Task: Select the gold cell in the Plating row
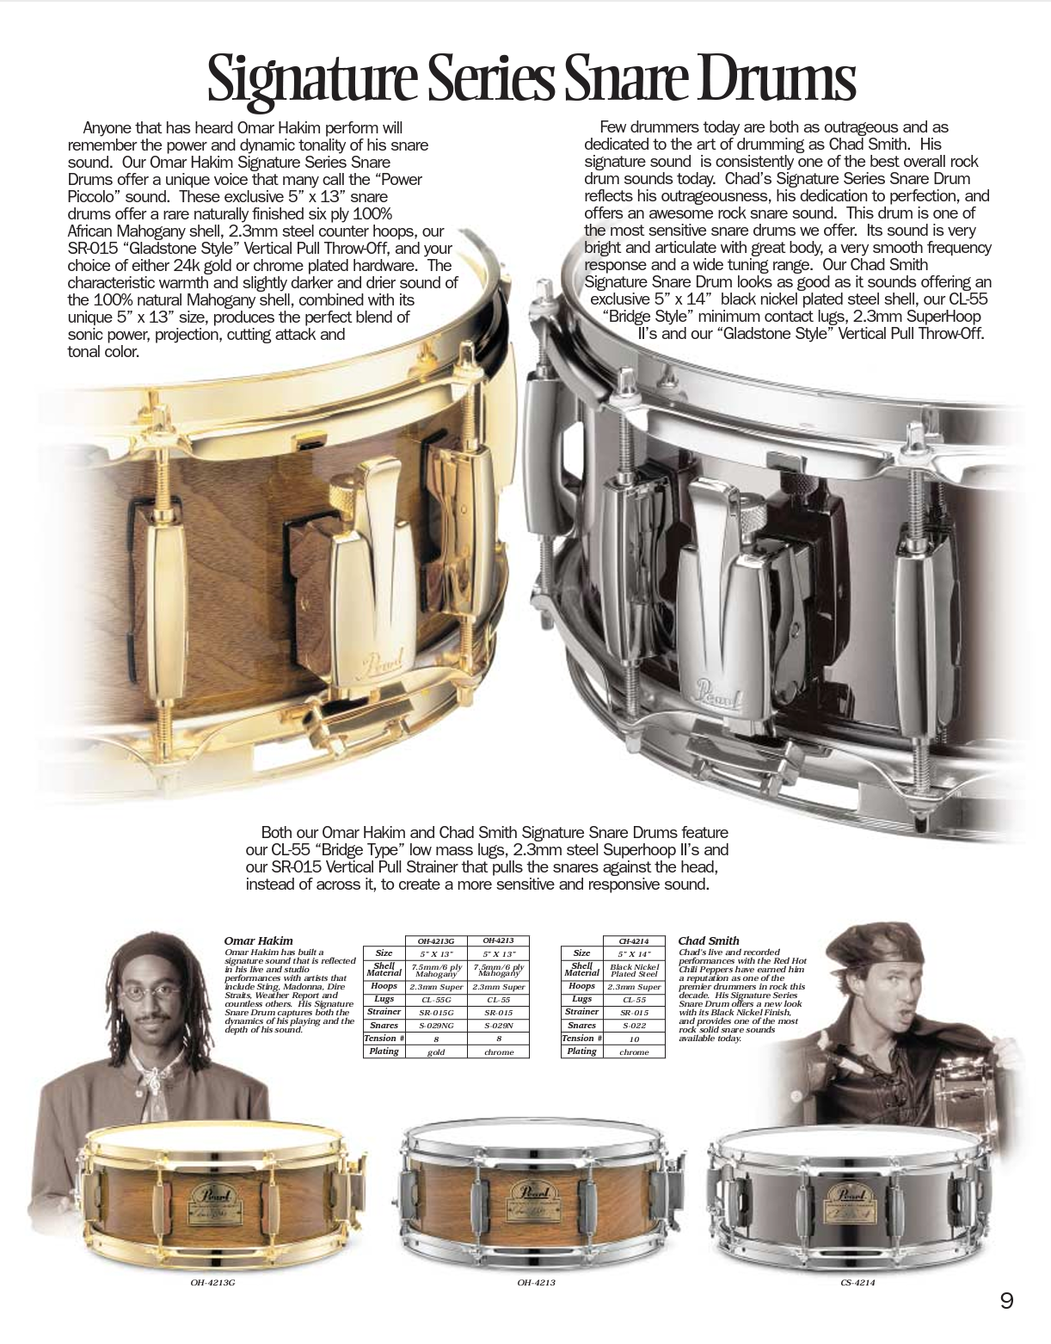(x=436, y=1052)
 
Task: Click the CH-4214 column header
(x=634, y=941)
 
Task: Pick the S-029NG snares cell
(x=436, y=1026)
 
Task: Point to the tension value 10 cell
(x=634, y=1039)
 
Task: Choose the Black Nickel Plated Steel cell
(x=634, y=971)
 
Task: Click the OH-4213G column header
(x=436, y=941)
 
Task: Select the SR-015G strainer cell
(x=436, y=1013)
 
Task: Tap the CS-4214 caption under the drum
(x=857, y=1283)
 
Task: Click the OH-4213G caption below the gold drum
(x=212, y=1283)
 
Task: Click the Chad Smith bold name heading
(x=709, y=941)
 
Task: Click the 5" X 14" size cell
(x=634, y=953)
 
